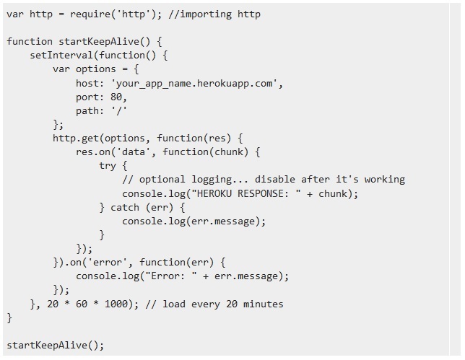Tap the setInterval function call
click(x=61, y=55)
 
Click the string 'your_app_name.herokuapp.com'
click(x=196, y=83)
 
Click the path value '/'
click(x=118, y=110)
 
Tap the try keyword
click(x=107, y=166)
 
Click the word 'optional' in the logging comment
click(x=162, y=180)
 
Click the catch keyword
click(x=124, y=207)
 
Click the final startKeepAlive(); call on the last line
click(x=55, y=345)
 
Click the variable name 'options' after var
click(x=95, y=69)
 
